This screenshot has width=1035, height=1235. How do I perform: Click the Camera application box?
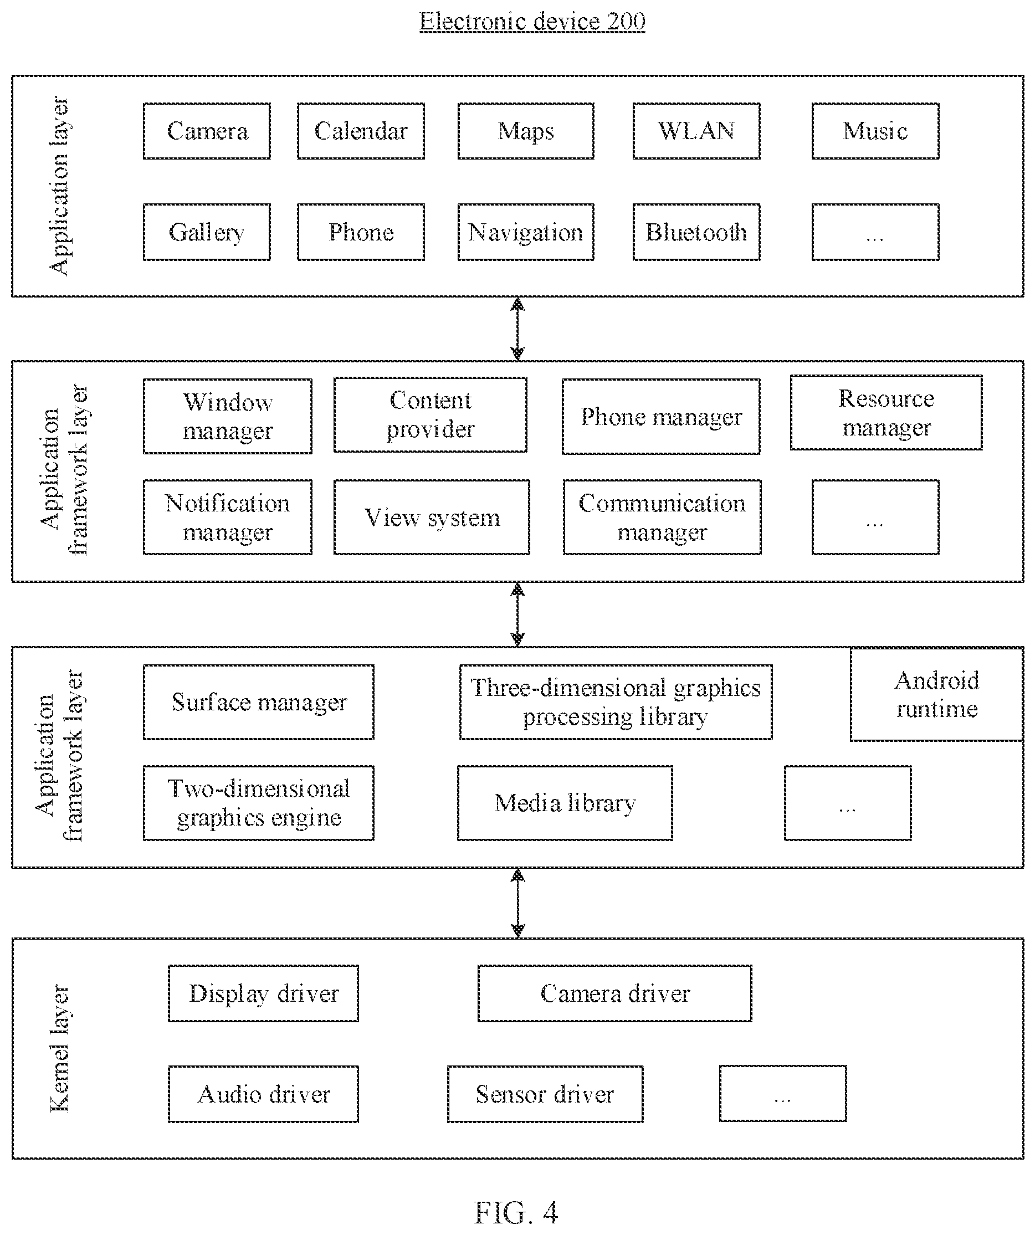click(x=207, y=131)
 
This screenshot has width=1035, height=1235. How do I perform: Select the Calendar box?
click(x=361, y=131)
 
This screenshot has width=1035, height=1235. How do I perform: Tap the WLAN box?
click(x=696, y=131)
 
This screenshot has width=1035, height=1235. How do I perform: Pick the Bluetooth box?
click(x=696, y=232)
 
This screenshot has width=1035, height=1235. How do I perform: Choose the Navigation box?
click(x=526, y=232)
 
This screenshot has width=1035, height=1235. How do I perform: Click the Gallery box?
click(x=207, y=232)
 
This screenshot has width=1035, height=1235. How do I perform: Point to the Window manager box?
click(x=228, y=416)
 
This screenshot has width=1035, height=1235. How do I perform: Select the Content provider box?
click(x=431, y=414)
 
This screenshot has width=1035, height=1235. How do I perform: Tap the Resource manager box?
click(x=886, y=413)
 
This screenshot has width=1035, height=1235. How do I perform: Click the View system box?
click(x=432, y=517)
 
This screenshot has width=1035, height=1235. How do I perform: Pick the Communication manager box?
click(x=662, y=517)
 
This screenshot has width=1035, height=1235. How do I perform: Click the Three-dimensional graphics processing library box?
click(x=616, y=702)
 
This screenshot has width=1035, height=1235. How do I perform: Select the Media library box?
click(x=565, y=803)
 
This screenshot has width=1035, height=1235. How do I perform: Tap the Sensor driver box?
click(x=545, y=1094)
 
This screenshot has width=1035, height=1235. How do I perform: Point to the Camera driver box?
click(x=614, y=993)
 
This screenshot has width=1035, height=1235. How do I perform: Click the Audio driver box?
click(x=263, y=1094)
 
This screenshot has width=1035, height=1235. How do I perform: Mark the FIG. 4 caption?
click(x=516, y=1212)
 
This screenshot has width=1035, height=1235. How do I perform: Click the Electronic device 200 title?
click(x=532, y=21)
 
